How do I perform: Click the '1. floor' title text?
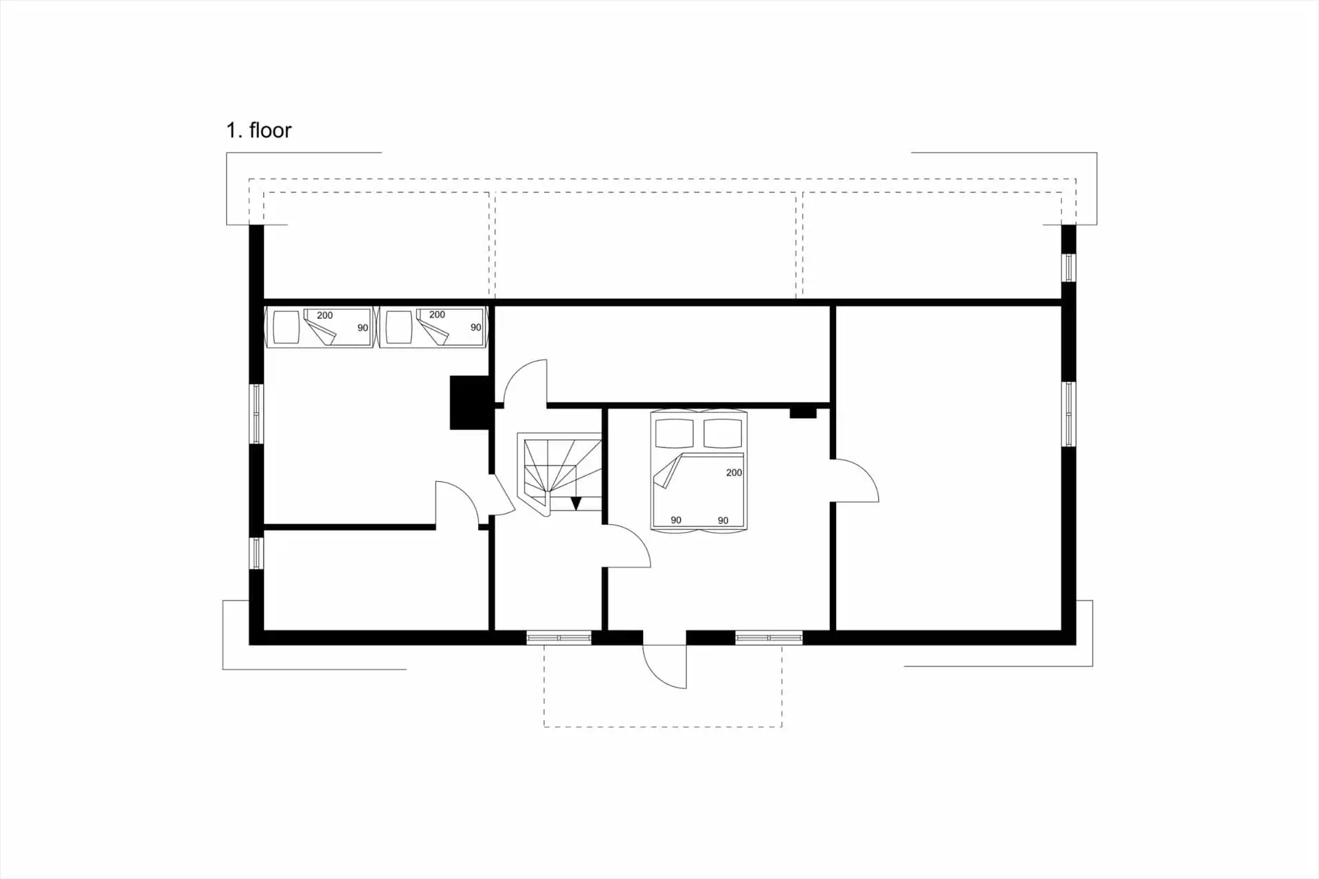(259, 130)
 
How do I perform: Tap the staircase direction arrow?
(576, 503)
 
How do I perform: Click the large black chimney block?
(469, 403)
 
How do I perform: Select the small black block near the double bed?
(802, 412)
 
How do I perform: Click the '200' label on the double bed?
(734, 473)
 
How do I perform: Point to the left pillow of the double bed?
(675, 433)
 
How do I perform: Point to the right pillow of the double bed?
(723, 433)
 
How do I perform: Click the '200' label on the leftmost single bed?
(324, 315)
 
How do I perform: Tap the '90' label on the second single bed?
(475, 328)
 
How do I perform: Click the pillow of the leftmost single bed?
(286, 327)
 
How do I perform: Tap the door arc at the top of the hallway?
(525, 382)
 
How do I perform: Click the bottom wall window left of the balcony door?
(559, 638)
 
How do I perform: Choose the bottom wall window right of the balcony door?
(769, 638)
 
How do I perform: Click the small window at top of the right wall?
(1068, 267)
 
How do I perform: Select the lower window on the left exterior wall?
(256, 553)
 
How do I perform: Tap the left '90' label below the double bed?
(676, 520)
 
